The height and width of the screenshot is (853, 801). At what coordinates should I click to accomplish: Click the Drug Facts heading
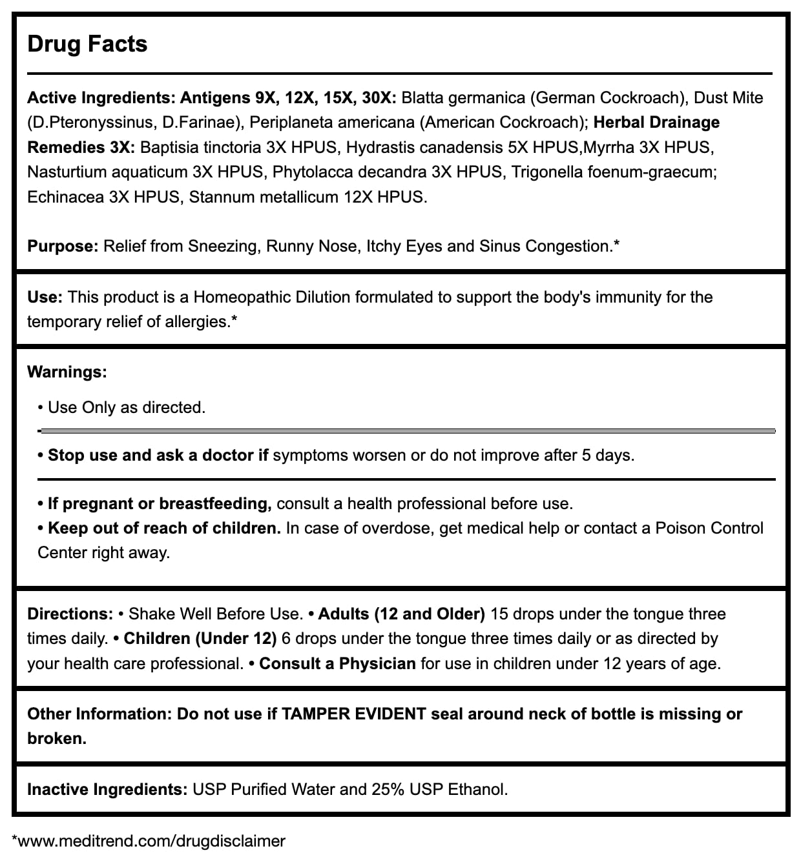click(87, 44)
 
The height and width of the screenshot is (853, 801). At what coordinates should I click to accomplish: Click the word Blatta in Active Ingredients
click(423, 98)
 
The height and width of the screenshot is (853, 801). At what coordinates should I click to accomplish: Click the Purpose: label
click(63, 246)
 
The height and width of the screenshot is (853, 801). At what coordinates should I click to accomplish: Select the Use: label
click(45, 297)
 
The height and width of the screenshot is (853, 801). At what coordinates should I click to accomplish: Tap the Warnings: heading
click(67, 372)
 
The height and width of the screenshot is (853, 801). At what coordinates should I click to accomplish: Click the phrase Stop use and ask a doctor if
click(158, 456)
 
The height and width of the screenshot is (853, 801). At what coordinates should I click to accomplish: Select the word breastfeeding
click(214, 504)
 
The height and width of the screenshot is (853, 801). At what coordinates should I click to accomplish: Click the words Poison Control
click(709, 528)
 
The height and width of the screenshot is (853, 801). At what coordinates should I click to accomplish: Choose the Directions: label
click(70, 614)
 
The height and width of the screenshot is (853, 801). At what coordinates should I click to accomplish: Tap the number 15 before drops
click(499, 614)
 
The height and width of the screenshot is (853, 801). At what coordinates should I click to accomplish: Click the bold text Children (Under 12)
click(200, 639)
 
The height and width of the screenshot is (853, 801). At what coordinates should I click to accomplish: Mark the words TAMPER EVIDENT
click(354, 714)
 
